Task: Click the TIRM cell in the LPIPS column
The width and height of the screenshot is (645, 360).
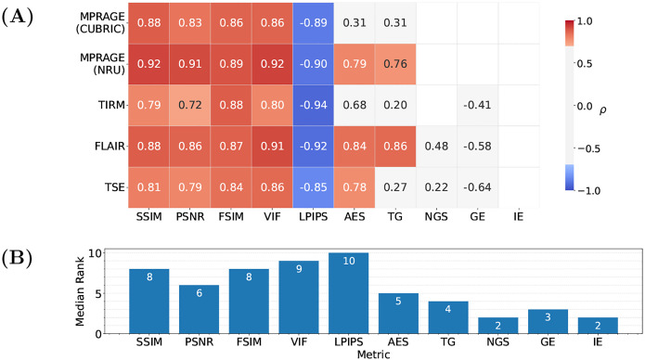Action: point(313,106)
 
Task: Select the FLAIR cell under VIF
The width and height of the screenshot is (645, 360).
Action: point(272,147)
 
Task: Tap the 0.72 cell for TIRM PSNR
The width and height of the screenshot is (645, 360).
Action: point(190,106)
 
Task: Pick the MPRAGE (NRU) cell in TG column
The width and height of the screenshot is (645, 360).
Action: point(395,64)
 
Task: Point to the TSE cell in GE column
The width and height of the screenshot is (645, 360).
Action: point(478,187)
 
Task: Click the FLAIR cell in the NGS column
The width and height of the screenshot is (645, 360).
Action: point(436,147)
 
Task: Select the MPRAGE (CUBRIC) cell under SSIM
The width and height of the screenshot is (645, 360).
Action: point(148,23)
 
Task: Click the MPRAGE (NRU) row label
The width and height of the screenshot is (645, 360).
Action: point(102,64)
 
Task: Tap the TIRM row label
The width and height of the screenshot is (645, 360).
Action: point(111,105)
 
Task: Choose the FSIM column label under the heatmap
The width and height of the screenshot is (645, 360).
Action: point(231,216)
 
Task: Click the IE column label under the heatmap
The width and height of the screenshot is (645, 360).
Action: point(518,216)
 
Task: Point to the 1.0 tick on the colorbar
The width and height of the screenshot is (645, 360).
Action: point(584,21)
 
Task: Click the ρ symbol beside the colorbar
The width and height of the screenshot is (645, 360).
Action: point(602,110)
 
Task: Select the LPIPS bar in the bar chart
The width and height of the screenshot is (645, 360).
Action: point(349,293)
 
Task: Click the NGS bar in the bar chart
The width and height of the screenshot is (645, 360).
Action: point(498,326)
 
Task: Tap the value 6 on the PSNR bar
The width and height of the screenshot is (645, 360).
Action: point(200,293)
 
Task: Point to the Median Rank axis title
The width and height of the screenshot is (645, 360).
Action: point(80,291)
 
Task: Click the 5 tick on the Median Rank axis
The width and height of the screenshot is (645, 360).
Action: point(97,294)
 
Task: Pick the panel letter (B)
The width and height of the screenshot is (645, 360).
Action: point(18,259)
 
